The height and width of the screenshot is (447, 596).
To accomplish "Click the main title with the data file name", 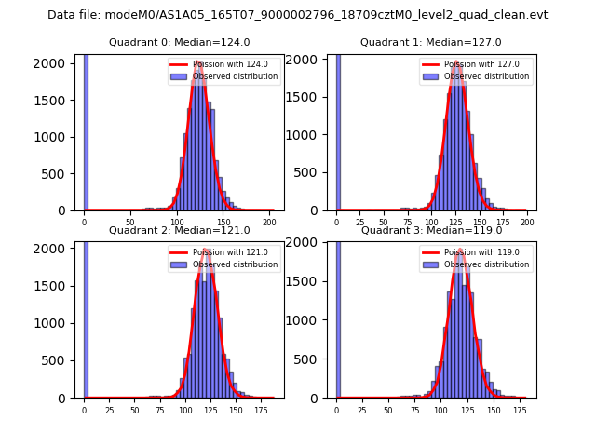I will [297, 15].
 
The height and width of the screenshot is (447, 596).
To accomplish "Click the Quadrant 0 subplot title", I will [179, 42].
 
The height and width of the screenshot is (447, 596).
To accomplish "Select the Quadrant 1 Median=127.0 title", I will [430, 42].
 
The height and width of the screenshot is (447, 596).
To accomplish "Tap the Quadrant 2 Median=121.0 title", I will [179, 230].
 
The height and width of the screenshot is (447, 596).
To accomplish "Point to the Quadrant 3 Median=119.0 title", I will [430, 230].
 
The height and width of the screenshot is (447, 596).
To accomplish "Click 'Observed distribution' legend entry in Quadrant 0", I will [237, 76].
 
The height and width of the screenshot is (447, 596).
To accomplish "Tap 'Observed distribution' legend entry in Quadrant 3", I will [489, 264].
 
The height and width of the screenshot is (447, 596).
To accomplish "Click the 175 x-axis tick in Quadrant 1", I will [503, 222].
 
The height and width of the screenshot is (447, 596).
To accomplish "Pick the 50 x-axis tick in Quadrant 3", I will [386, 409].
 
